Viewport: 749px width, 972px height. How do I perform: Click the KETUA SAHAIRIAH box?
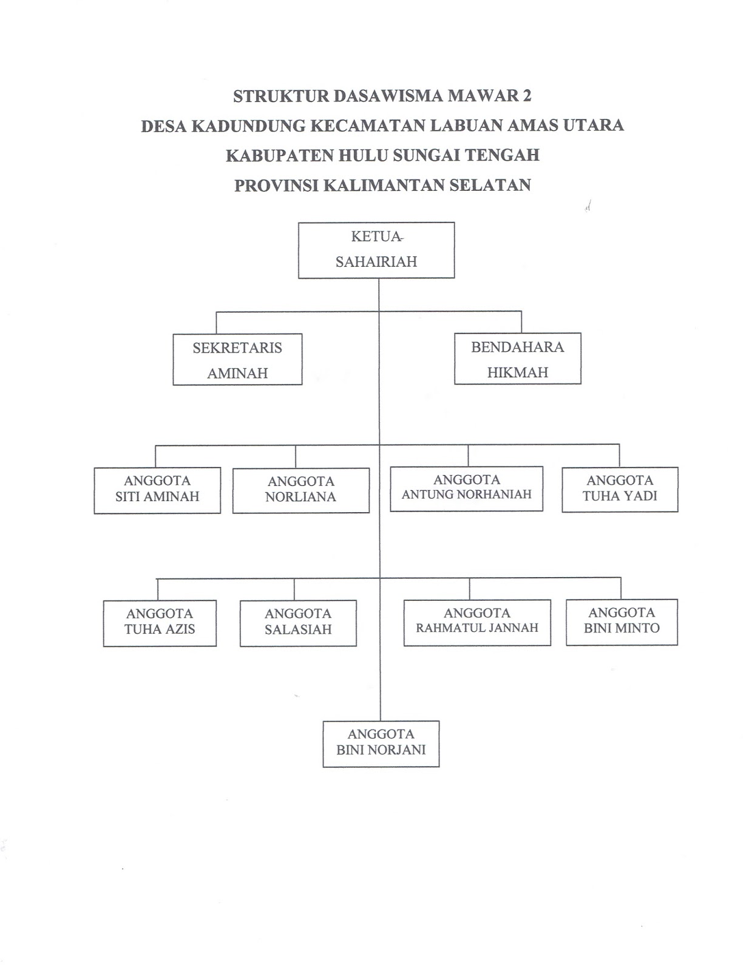tap(376, 250)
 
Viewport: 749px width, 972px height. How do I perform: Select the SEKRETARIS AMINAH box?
tap(237, 359)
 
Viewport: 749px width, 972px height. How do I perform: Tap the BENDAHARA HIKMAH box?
tap(517, 358)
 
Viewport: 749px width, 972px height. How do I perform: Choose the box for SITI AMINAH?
tap(157, 490)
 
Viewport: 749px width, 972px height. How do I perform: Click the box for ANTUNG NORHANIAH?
tap(466, 488)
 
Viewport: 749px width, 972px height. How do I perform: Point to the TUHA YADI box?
tap(620, 489)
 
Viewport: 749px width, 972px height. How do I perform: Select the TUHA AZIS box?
tap(160, 623)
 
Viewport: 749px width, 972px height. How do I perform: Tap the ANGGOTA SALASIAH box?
tap(298, 623)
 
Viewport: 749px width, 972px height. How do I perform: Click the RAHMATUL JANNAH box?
tap(477, 622)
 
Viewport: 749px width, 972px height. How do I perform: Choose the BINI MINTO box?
tap(622, 621)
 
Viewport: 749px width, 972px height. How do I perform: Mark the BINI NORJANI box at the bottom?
tap(381, 744)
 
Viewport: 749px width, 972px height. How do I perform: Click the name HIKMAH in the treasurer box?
tap(517, 372)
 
